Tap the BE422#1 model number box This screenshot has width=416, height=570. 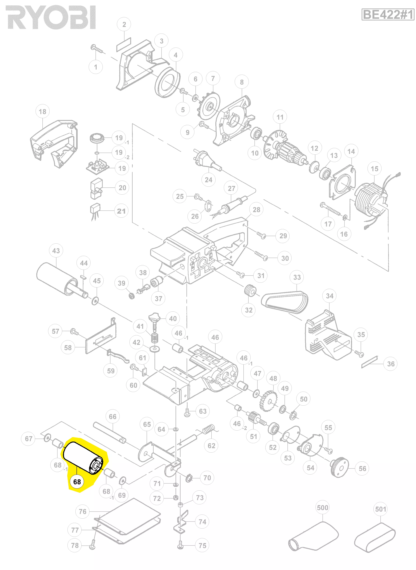click(x=388, y=14)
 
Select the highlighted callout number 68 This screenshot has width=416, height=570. click(x=77, y=482)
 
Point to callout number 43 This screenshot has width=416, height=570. click(x=56, y=251)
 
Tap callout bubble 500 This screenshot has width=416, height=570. click(x=322, y=508)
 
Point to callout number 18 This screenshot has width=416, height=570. click(x=42, y=111)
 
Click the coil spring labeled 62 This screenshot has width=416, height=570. click(x=209, y=429)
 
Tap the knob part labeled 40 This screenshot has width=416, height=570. click(x=154, y=317)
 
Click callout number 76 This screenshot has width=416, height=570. click(x=82, y=511)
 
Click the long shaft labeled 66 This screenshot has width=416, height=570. click(x=109, y=432)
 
